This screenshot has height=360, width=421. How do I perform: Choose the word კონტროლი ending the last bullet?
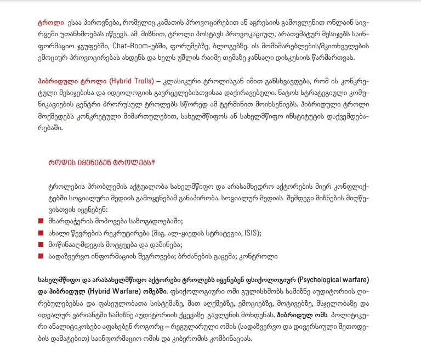(258, 256)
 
